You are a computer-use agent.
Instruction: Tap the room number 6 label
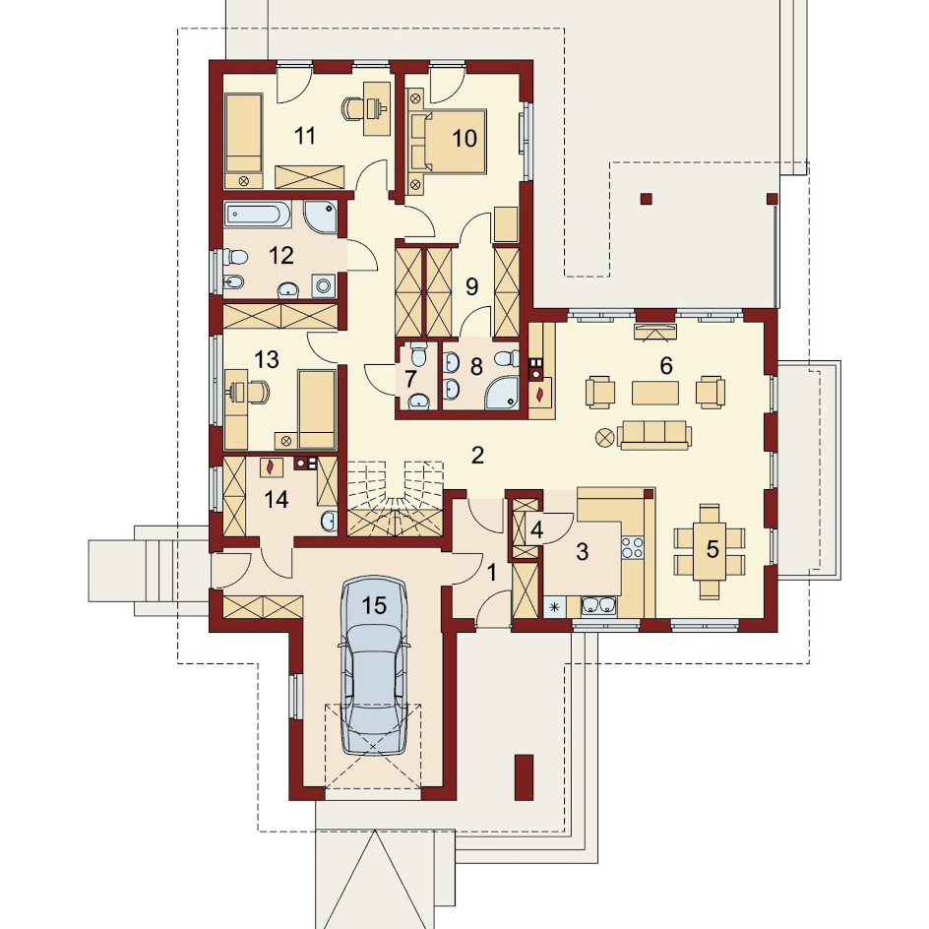(x=666, y=365)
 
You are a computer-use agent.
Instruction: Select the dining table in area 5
(x=710, y=551)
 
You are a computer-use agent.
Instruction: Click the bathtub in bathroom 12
(x=258, y=216)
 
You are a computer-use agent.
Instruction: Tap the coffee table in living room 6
(x=654, y=393)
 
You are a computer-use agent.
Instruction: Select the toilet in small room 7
(x=419, y=356)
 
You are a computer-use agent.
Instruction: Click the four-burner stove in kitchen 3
(x=632, y=547)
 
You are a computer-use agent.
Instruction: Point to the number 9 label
(x=471, y=286)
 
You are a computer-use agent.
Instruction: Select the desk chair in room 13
(x=257, y=392)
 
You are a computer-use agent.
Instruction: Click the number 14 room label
(x=277, y=500)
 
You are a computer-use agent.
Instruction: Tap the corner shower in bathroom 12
(x=321, y=217)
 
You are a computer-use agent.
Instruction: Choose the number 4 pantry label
(x=536, y=529)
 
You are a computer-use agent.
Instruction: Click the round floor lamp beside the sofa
(x=604, y=438)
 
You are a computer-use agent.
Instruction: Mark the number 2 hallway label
(x=477, y=455)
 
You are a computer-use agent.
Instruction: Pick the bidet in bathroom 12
(x=233, y=283)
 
